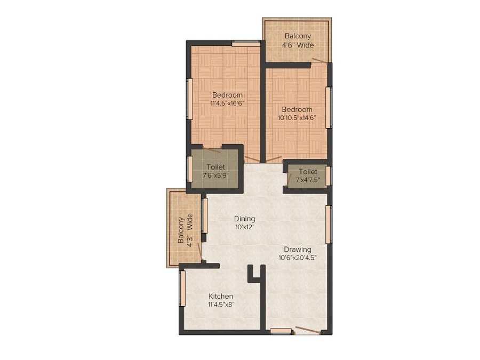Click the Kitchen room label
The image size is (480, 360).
[220, 297]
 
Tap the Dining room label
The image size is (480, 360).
[244, 219]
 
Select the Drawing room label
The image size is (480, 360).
[298, 249]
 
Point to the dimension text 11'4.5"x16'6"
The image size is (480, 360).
[227, 103]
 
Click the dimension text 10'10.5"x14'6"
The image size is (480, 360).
[297, 118]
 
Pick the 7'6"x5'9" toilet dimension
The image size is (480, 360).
[215, 175]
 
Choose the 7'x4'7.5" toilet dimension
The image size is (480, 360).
[308, 180]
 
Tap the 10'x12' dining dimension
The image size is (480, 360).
[244, 227]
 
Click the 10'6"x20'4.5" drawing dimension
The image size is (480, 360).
[298, 258]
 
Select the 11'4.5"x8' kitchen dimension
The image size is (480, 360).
[220, 305]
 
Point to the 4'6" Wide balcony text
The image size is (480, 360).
[298, 45]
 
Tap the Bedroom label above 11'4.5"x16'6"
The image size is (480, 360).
[227, 95]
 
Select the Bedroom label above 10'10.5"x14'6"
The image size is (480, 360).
[297, 109]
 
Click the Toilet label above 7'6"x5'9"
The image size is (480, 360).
[215, 167]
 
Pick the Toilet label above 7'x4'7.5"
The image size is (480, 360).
[308, 172]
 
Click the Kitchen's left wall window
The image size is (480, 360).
[182, 288]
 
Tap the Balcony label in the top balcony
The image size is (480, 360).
[298, 36]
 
